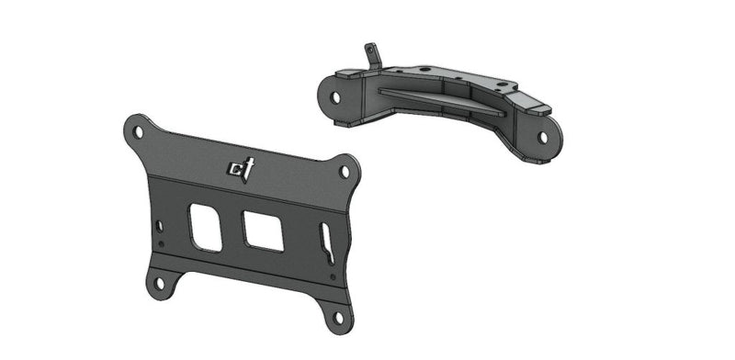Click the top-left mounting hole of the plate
click(x=138, y=131)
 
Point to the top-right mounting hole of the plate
click(x=345, y=171)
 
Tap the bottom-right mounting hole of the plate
click(x=339, y=318)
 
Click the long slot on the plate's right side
click(x=326, y=246)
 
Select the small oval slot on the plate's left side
click(x=160, y=225)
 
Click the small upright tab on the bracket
click(x=372, y=53)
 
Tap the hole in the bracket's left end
click(x=335, y=95)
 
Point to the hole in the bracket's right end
click(x=543, y=137)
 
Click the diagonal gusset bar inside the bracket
click(x=441, y=98)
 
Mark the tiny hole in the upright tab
click(x=370, y=47)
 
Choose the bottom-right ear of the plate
click(x=338, y=316)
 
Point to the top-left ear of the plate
click(x=137, y=129)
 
